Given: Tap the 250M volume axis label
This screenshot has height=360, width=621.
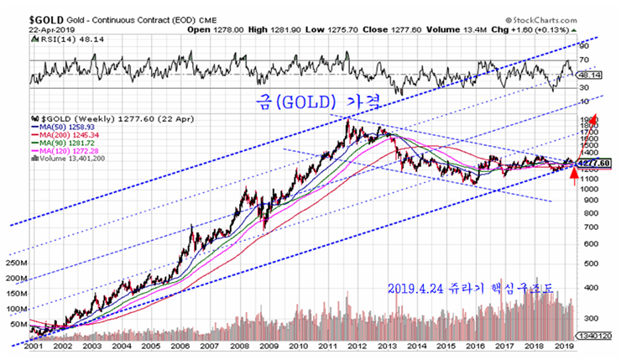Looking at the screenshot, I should click(x=18, y=262).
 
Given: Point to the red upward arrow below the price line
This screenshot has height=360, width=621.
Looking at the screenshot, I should click(x=574, y=176).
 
